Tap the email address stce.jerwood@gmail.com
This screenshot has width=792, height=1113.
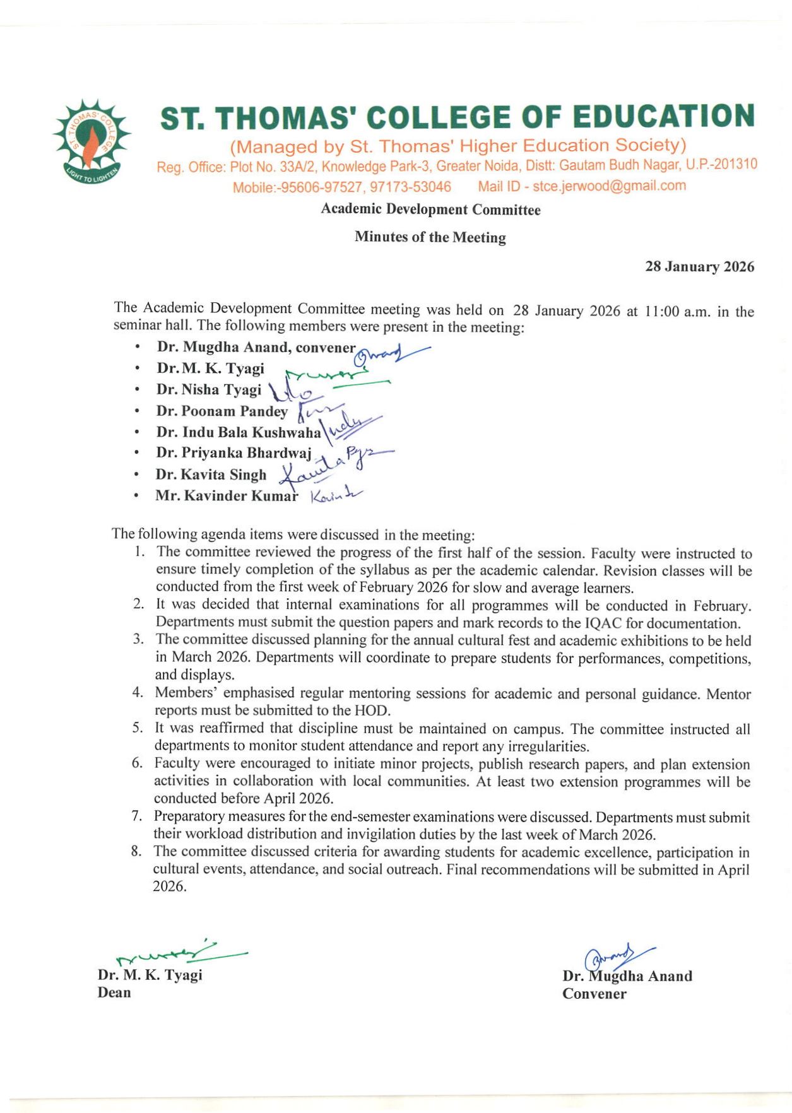pos(609,186)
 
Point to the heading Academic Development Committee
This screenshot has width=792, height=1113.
pos(430,209)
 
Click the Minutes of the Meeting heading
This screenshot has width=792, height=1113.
pos(430,237)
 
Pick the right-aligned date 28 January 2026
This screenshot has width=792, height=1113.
pos(699,267)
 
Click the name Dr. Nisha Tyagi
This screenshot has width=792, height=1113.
pos(209,390)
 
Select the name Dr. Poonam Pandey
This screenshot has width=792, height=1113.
pos(222,411)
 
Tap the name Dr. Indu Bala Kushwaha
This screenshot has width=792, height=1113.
pos(239,433)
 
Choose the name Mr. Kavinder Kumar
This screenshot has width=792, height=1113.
pos(227,496)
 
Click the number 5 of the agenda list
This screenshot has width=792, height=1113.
pos(138,728)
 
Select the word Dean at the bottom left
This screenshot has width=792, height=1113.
pos(114,992)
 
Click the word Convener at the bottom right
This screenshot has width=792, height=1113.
pos(594,994)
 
